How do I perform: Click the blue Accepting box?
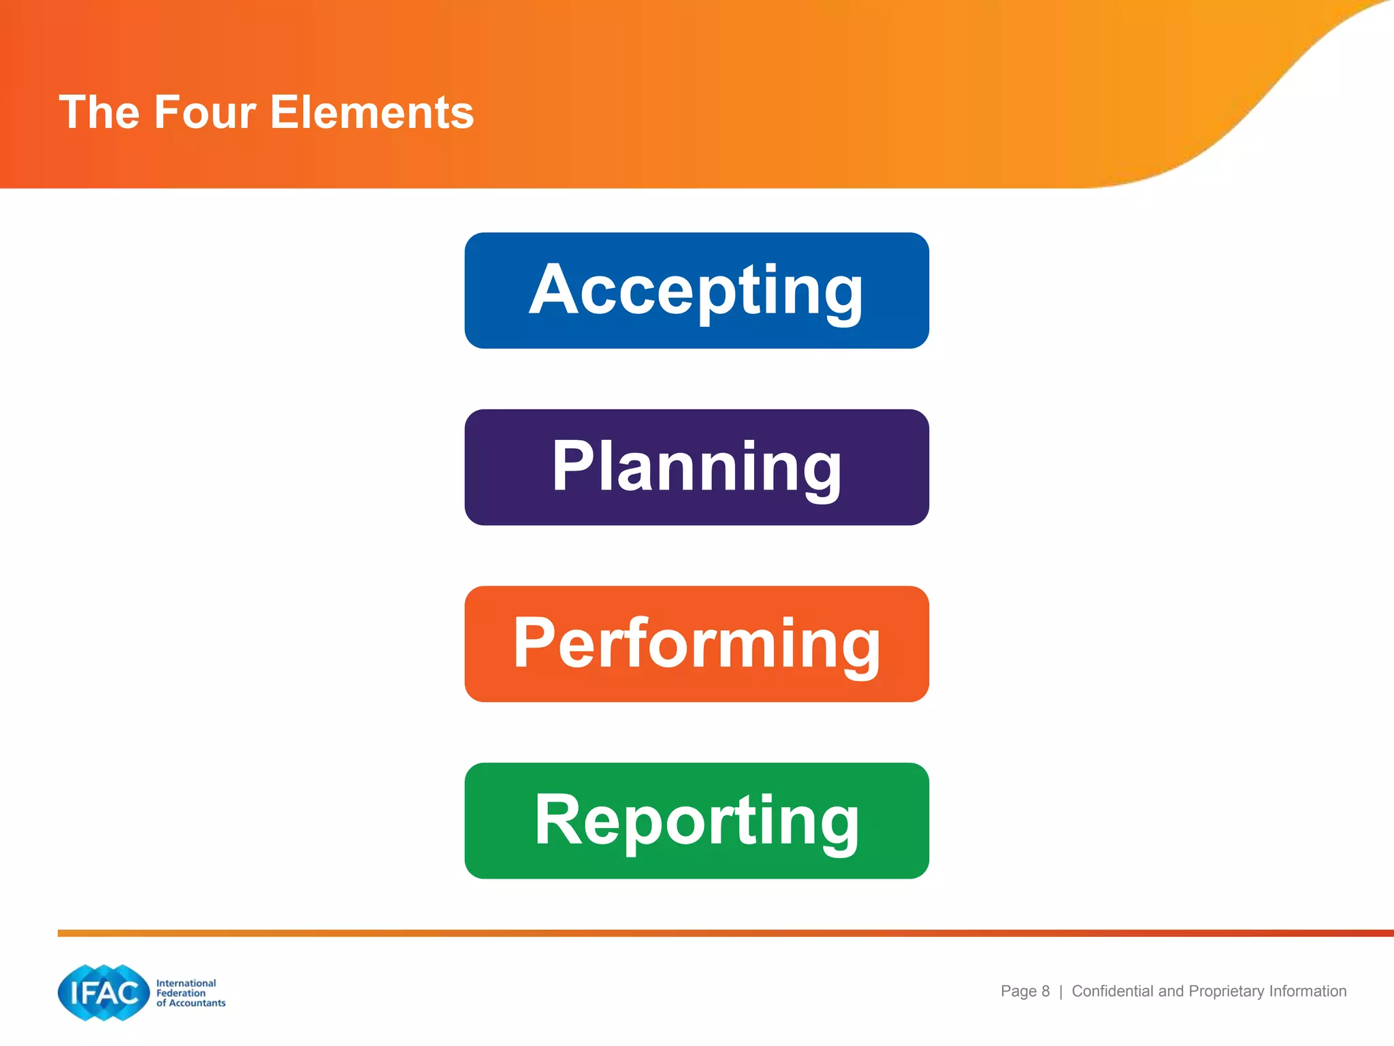pos(696,291)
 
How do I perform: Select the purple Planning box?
pos(696,467)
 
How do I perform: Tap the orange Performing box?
pos(696,644)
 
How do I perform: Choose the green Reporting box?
pos(696,821)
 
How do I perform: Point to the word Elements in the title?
pos(372,112)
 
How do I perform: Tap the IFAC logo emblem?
pos(103,992)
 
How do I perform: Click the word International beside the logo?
pos(186,983)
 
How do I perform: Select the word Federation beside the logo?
pos(180,993)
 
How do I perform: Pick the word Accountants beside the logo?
pos(197,1003)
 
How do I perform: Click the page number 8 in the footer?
pos(1045,992)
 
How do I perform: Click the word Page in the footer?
pos(1018,992)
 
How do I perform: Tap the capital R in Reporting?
pos(558,820)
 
